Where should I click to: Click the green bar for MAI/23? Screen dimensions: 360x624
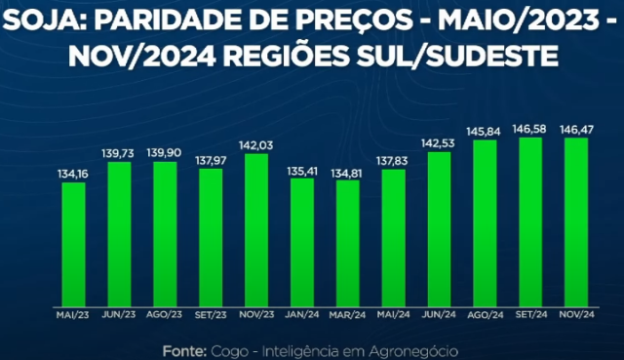(73, 244)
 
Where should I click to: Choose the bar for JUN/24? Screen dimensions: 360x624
(440, 228)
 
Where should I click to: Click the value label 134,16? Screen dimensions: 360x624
(73, 174)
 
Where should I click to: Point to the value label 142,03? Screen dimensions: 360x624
(256, 145)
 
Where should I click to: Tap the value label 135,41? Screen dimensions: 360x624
(301, 170)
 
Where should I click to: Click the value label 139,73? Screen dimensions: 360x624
(119, 153)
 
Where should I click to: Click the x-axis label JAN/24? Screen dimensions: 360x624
(301, 315)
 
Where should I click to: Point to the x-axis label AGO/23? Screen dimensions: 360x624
(165, 315)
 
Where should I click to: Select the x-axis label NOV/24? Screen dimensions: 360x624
(576, 315)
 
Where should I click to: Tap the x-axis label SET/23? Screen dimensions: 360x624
(211, 315)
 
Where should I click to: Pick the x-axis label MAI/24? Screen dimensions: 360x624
(393, 315)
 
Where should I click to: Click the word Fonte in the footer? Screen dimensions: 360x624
(182, 349)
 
